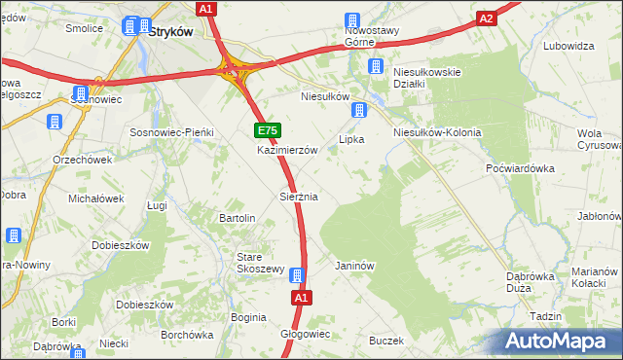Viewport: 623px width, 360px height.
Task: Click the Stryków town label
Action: pyautogui.click(x=171, y=30)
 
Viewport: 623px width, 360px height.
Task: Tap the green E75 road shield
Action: pyautogui.click(x=268, y=130)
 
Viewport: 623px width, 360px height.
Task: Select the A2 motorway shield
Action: pyautogui.click(x=488, y=18)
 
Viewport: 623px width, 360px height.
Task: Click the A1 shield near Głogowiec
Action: pyautogui.click(x=301, y=298)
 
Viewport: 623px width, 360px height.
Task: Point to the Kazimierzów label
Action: pyautogui.click(x=287, y=151)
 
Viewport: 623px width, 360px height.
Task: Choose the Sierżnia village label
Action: pyautogui.click(x=299, y=197)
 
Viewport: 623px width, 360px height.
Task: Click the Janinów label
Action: pyautogui.click(x=354, y=265)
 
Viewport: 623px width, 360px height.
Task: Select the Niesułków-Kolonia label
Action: pyautogui.click(x=436, y=132)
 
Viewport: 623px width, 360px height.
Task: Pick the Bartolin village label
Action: pyautogui.click(x=238, y=218)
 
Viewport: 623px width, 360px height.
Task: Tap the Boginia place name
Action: pyautogui.click(x=248, y=317)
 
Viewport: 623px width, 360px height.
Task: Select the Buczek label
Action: pyautogui.click(x=385, y=341)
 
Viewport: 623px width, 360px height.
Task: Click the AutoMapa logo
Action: pyautogui.click(x=561, y=342)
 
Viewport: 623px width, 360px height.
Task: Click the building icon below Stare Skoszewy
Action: pyautogui.click(x=297, y=275)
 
